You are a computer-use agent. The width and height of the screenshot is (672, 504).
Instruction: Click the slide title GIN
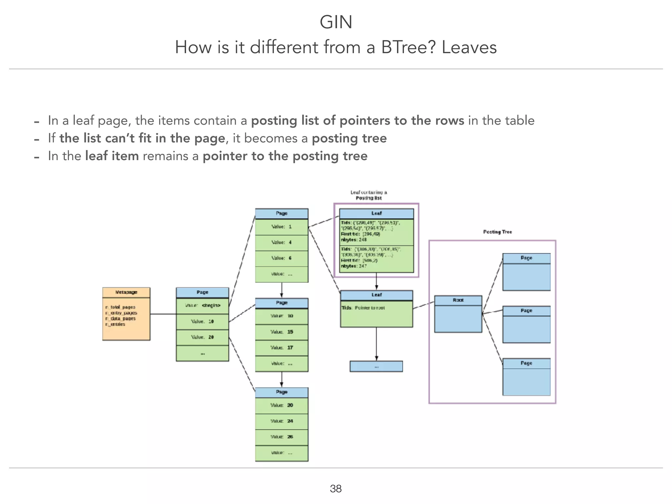(x=336, y=22)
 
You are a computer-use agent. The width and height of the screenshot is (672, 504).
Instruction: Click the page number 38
(x=336, y=489)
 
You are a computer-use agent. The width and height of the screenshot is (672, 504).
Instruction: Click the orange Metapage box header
(x=126, y=292)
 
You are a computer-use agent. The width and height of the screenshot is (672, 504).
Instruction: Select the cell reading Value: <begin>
(x=202, y=305)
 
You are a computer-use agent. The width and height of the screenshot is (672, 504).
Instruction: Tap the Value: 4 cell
(x=282, y=242)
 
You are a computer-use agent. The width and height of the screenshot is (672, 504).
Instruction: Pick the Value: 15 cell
(x=282, y=332)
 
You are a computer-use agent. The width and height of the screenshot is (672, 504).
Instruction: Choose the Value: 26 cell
(x=282, y=437)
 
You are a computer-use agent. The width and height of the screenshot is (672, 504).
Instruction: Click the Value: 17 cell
(x=282, y=348)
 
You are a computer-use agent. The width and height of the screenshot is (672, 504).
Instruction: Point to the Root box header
(x=458, y=300)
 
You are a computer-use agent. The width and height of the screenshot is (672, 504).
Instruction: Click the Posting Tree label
(x=497, y=232)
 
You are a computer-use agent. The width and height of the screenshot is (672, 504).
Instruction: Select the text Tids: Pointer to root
(x=363, y=308)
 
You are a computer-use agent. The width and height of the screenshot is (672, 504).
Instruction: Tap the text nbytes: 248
(x=353, y=240)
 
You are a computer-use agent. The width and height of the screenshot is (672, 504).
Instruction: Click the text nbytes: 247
(x=353, y=266)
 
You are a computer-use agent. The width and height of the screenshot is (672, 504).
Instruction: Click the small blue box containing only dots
(x=376, y=367)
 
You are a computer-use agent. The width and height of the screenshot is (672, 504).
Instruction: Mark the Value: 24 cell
(x=282, y=421)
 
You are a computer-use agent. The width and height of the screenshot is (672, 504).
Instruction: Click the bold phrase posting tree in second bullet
(x=349, y=138)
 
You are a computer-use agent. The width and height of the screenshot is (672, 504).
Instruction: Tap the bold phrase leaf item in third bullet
(x=112, y=156)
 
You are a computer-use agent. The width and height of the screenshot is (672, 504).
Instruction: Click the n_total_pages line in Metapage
(x=120, y=307)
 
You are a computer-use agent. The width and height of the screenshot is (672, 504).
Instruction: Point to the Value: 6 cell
(x=282, y=258)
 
